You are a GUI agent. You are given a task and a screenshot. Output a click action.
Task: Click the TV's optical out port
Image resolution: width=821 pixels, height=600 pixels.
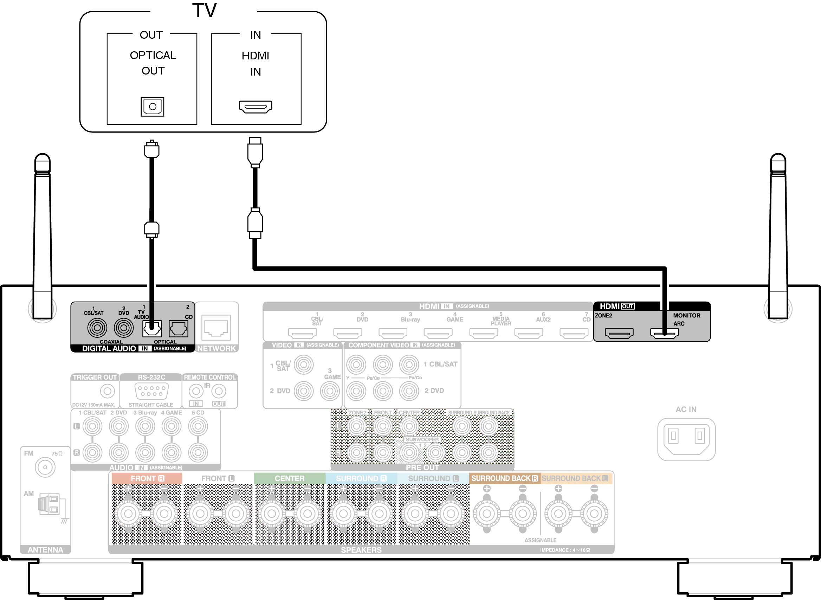pos(152,107)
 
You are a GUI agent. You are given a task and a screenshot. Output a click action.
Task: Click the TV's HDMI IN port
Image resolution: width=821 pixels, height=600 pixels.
pos(255,107)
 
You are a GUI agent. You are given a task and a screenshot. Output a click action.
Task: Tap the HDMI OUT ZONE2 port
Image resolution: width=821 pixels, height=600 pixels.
pos(619,333)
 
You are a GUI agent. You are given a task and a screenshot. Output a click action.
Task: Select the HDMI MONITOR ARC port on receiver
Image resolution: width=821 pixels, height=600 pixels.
pos(664,333)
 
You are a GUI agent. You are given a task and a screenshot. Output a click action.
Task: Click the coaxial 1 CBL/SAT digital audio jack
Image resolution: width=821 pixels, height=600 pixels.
pos(97,328)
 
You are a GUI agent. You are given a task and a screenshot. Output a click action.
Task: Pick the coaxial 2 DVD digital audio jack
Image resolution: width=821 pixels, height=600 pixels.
pos(123,328)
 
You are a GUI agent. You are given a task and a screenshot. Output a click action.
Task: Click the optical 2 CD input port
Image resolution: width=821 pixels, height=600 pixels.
pos(178,329)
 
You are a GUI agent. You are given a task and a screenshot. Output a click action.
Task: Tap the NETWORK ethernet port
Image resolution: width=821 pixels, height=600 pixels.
pos(216,328)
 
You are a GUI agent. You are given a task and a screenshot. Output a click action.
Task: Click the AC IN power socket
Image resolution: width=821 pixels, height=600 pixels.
pos(686,439)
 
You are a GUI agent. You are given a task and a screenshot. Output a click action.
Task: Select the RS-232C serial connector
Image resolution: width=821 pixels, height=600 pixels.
pos(151,391)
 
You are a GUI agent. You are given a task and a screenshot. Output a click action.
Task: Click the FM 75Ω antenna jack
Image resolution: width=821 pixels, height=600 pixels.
pos(45,467)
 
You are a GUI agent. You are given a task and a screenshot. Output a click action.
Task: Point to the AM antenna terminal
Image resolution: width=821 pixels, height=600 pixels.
pos(49,504)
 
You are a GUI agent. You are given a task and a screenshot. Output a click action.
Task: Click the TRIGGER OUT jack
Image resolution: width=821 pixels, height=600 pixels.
pos(107,391)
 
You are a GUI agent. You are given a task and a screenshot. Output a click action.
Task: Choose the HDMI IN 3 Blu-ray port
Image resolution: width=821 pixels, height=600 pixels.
pos(393,333)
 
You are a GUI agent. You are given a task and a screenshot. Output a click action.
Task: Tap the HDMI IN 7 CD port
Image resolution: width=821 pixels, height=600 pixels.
pos(574,333)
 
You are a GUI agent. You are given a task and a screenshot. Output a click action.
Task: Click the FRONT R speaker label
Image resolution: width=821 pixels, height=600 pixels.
pos(147,478)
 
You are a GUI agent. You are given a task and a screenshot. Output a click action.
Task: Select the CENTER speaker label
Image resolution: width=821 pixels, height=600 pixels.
pos(289,478)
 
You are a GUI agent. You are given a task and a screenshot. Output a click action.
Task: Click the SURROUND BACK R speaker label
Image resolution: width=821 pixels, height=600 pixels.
pos(504,478)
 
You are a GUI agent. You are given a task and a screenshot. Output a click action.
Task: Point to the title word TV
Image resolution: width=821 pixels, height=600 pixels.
pos(204,10)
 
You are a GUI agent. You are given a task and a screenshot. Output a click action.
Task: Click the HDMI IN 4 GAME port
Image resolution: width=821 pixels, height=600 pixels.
pos(438,333)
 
